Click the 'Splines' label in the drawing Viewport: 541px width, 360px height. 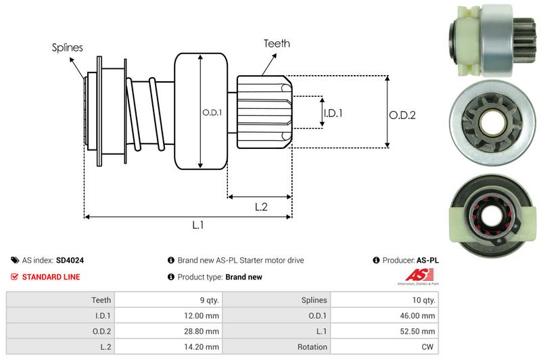(x=67, y=48)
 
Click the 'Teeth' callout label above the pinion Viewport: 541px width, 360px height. (x=277, y=43)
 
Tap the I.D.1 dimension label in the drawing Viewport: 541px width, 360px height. (x=333, y=113)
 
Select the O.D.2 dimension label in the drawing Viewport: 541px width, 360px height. (x=402, y=115)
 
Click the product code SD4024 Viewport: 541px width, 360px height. (x=70, y=260)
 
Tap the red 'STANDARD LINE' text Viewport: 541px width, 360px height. (x=51, y=277)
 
